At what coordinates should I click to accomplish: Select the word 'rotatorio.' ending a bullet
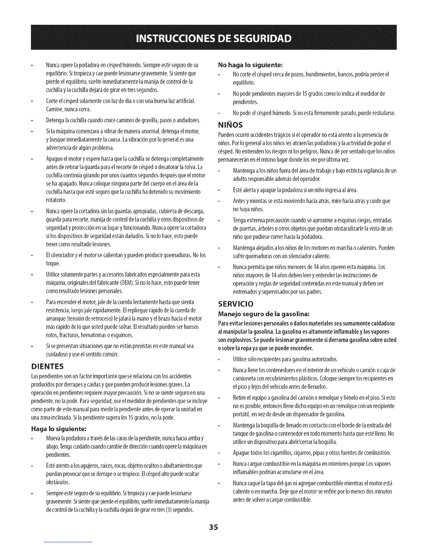56,200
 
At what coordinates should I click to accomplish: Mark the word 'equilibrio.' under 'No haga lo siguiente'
244,83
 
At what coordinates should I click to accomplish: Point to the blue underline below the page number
68,542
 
